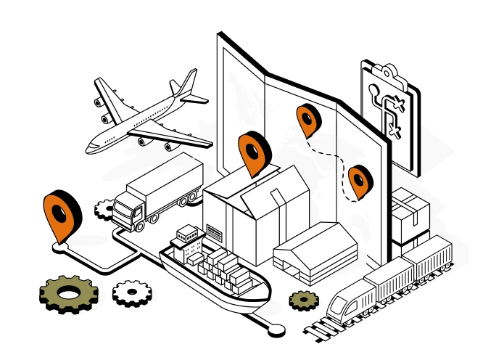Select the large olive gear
pos(69,293)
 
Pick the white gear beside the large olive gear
pos(132,292)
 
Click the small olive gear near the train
pos(304,298)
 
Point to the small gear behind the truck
pos(105,208)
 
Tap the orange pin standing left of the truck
pos(59,213)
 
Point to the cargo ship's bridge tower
pos(188,240)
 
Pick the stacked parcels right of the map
pos(410,213)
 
